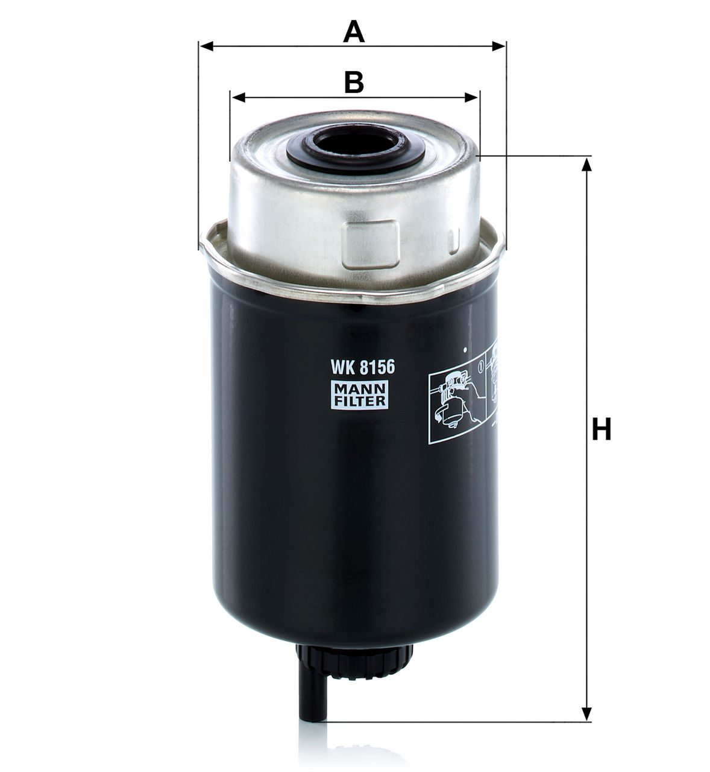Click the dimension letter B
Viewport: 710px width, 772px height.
354,82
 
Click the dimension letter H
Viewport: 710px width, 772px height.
602,429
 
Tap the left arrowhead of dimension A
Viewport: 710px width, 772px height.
207,46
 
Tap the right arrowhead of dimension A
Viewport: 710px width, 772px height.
499,46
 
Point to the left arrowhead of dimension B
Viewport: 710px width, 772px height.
239,97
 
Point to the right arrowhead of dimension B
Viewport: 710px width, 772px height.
471,97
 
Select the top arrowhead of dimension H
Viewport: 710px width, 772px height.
586,165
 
